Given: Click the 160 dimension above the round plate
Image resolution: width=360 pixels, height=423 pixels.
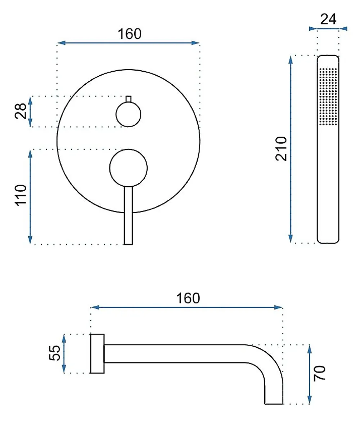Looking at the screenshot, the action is coord(130,34).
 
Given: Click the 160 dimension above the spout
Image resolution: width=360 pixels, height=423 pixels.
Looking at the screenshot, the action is coord(188,298).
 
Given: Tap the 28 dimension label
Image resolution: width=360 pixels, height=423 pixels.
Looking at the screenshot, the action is coord(21,111).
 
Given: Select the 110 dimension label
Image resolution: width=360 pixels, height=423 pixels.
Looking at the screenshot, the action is coord(21,195).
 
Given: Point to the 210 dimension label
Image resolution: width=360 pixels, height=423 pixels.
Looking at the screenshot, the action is coord(281,149).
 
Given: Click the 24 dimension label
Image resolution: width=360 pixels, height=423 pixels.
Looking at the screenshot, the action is coord(328,19).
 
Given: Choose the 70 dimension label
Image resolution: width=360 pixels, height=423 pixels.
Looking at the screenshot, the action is coord(320,373).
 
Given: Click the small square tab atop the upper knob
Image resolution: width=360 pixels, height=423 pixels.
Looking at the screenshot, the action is coord(129,99).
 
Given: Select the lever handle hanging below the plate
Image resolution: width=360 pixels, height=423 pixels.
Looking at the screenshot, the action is coord(129,215).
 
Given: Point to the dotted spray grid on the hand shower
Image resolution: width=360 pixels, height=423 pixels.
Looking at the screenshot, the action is coord(328,96).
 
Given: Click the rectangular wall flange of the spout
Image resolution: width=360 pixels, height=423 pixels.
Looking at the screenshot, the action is coord(97,353).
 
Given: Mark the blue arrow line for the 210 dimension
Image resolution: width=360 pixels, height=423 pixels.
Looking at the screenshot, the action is coord(291,149).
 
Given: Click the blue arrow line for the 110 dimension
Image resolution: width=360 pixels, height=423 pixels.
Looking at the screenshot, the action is coord(30,197).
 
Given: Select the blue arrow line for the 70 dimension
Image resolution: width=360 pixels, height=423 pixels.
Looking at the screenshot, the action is coord(309,374).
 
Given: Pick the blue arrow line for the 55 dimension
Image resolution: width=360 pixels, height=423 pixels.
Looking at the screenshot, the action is coord(64,353).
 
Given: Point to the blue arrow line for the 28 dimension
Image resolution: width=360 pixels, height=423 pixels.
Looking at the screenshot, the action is coord(30,111).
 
